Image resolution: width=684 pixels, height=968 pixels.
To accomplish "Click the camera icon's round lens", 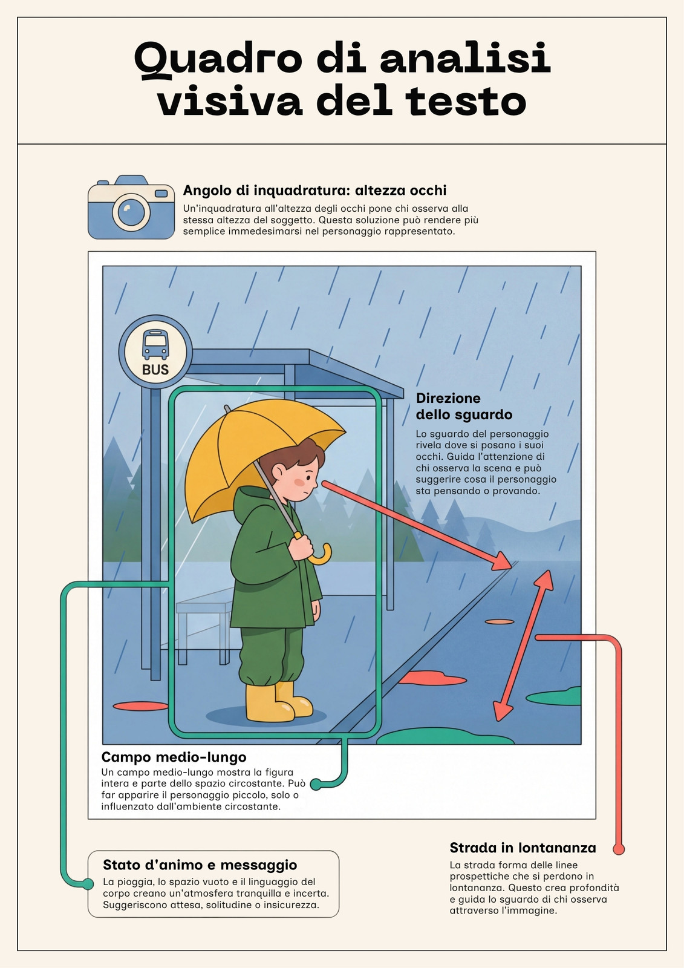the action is pyautogui.click(x=131, y=212).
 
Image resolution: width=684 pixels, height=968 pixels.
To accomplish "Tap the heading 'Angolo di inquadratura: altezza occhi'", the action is pyautogui.click(x=314, y=190).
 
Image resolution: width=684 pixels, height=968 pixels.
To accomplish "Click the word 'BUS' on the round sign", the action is pyautogui.click(x=155, y=370).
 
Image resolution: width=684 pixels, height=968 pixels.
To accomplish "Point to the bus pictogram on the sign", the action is pyautogui.click(x=155, y=345).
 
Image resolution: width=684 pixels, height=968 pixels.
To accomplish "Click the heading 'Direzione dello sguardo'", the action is pyautogui.click(x=464, y=406).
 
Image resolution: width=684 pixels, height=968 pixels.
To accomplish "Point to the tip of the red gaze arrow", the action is pyautogui.click(x=512, y=566).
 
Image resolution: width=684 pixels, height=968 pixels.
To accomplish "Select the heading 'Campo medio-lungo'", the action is pyautogui.click(x=174, y=757).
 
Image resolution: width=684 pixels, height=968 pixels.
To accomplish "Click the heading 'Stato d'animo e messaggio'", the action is pyautogui.click(x=200, y=865).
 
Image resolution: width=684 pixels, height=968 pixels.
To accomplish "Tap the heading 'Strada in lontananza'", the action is pyautogui.click(x=523, y=848).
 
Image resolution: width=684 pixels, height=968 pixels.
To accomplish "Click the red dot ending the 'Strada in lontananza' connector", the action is pyautogui.click(x=619, y=849).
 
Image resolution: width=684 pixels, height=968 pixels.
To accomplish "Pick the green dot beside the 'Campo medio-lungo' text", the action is pyautogui.click(x=316, y=784).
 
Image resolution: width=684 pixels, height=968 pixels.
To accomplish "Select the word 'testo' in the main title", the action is pyautogui.click(x=465, y=102).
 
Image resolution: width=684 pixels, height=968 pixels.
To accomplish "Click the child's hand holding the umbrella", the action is pyautogui.click(x=301, y=548).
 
